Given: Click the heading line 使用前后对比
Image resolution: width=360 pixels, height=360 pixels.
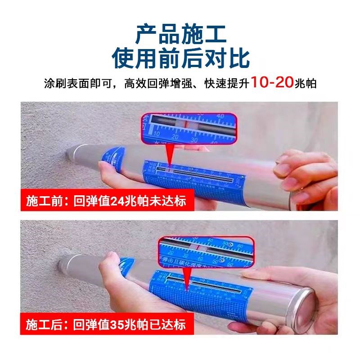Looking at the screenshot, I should (x=180, y=58).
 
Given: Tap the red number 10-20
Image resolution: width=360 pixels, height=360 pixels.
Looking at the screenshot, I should (x=272, y=83).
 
